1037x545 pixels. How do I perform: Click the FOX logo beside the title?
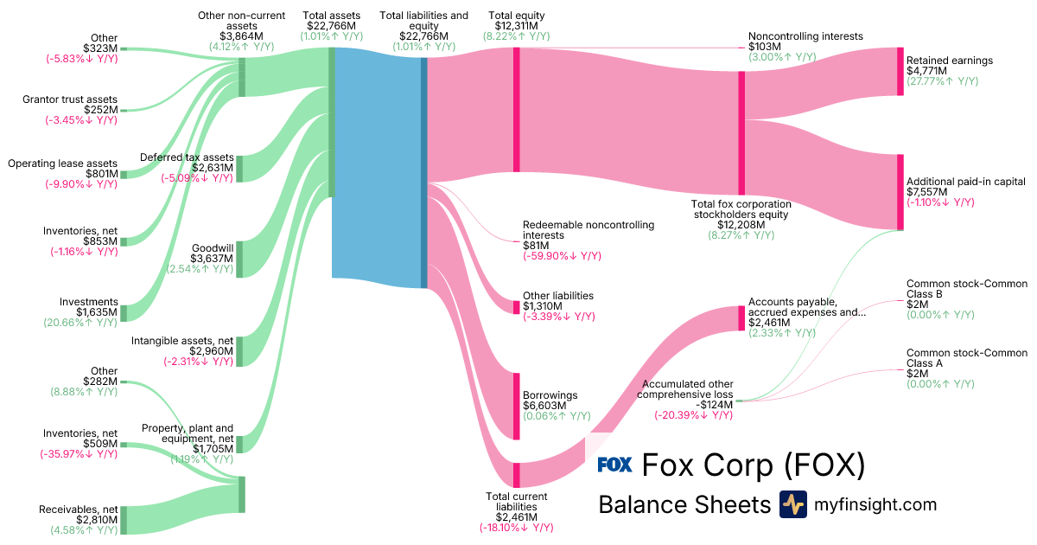pyautogui.click(x=615, y=465)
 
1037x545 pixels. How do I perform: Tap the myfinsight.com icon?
pyautogui.click(x=792, y=504)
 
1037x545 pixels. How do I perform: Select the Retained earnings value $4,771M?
pyautogui.click(x=926, y=71)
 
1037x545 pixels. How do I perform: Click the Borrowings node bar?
pyautogui.click(x=517, y=406)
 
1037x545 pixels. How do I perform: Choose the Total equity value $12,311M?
pyautogui.click(x=516, y=26)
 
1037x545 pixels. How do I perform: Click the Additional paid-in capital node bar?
pyautogui.click(x=900, y=192)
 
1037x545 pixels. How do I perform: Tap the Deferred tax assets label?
pyautogui.click(x=187, y=157)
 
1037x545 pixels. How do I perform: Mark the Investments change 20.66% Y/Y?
pyautogui.click(x=81, y=323)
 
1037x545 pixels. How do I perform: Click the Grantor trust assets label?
pyautogui.click(x=70, y=99)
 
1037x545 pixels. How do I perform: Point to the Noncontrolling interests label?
pyautogui.click(x=805, y=36)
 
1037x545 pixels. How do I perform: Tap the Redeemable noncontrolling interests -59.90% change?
pyautogui.click(x=562, y=256)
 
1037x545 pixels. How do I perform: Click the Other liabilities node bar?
pyautogui.click(x=517, y=306)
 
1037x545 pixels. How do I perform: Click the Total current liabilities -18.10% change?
pyautogui.click(x=517, y=528)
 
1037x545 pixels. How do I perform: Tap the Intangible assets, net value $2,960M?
pyautogui.click(x=211, y=351)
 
